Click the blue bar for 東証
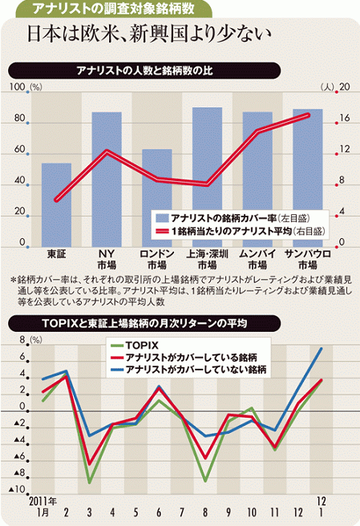[x=56, y=205]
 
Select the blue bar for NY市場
[x=107, y=180]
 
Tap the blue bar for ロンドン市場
[x=157, y=198]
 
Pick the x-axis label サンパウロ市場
[x=308, y=259]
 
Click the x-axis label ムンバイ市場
[x=257, y=259]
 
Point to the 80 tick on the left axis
[x=19, y=118]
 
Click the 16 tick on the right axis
[x=344, y=118]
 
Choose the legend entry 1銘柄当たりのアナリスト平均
[x=241, y=231]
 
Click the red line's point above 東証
[x=56, y=200]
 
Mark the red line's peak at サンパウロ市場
[x=308, y=115]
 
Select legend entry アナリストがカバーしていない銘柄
[x=188, y=370]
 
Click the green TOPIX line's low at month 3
[x=90, y=483]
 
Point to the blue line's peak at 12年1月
[x=321, y=349]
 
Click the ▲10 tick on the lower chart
[x=18, y=489]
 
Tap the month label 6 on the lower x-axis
[x=159, y=512]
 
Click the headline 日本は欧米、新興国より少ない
[x=148, y=34]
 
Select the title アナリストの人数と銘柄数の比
[x=144, y=71]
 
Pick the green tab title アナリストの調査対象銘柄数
[x=114, y=8]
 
